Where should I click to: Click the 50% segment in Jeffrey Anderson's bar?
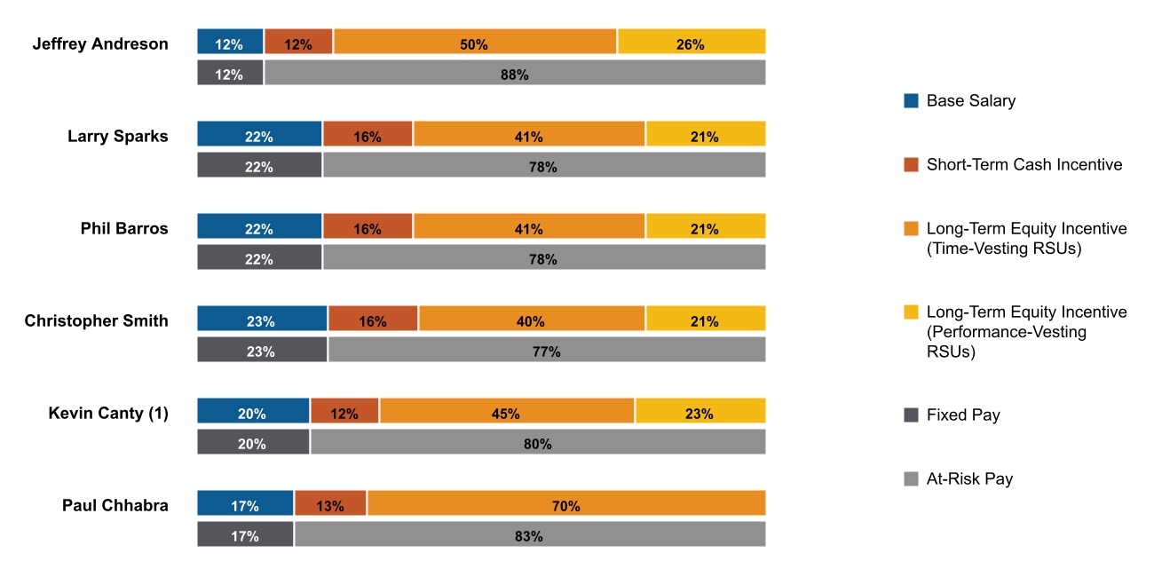pyautogui.click(x=475, y=42)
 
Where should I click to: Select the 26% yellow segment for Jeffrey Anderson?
pyautogui.click(x=692, y=42)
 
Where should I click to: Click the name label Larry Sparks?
pyautogui.click(x=118, y=136)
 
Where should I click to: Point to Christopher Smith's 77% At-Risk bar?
pyautogui.click(x=547, y=350)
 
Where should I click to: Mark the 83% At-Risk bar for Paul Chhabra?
pyautogui.click(x=530, y=534)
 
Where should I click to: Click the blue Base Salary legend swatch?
pyautogui.click(x=911, y=101)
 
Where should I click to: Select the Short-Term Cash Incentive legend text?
pyautogui.click(x=1024, y=164)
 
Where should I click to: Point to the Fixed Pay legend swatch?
pyautogui.click(x=911, y=415)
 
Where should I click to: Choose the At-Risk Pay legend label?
pyautogui.click(x=969, y=479)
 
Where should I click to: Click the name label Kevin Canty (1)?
pyautogui.click(x=108, y=413)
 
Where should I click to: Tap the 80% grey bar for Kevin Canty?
pyautogui.click(x=538, y=442)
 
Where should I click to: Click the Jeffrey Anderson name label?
pyautogui.click(x=100, y=43)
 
